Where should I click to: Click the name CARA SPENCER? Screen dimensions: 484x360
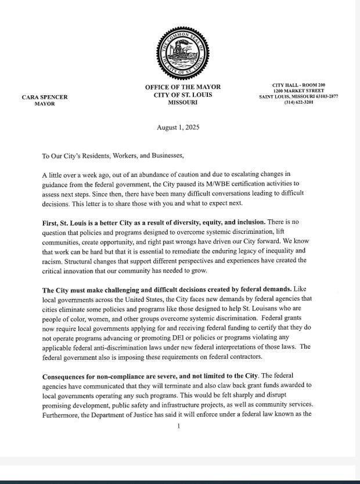(44, 97)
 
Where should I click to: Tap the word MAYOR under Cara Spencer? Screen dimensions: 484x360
(44, 104)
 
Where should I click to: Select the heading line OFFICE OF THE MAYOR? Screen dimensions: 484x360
(183, 87)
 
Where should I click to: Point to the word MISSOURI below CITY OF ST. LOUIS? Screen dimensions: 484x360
(183, 102)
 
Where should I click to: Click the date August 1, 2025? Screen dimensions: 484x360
(178, 128)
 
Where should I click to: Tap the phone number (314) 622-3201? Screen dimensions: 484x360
(298, 103)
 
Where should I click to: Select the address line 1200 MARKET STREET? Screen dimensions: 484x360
(298, 91)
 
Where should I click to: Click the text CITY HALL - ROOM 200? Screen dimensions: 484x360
(298, 85)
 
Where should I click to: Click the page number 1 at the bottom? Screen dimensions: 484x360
(179, 426)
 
